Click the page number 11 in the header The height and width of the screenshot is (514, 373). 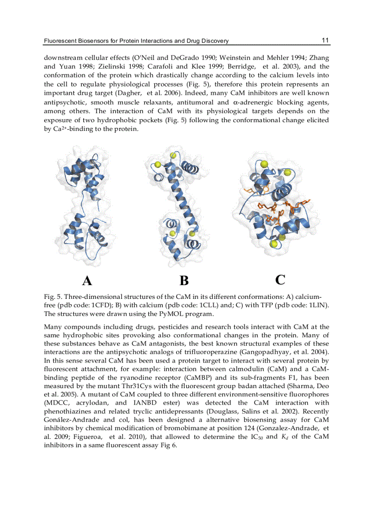click(325, 40)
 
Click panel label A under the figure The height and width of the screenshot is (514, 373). click(87, 280)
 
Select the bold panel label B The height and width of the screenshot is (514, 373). click(184, 280)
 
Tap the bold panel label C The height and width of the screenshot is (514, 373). click(280, 279)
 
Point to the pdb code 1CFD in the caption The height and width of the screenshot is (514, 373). click(99, 305)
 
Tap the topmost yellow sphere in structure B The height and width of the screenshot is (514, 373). click(173, 156)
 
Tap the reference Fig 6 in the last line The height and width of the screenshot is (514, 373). click(168, 445)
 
